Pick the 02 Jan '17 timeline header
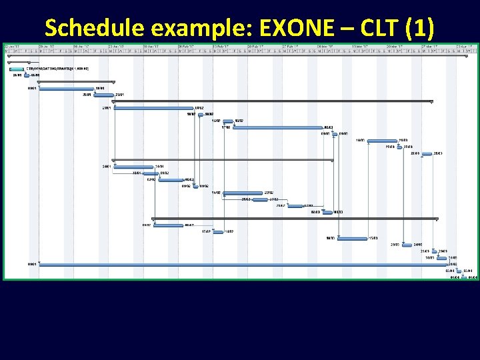13,46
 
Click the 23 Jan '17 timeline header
117,46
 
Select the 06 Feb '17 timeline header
187,46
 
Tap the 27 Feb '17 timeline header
292,46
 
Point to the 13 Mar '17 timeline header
361,46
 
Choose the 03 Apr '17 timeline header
465,46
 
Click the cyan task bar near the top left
17,68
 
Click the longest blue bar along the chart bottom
240,264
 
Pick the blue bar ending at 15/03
353,238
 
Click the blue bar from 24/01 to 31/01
134,167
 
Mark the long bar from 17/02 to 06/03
277,127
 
